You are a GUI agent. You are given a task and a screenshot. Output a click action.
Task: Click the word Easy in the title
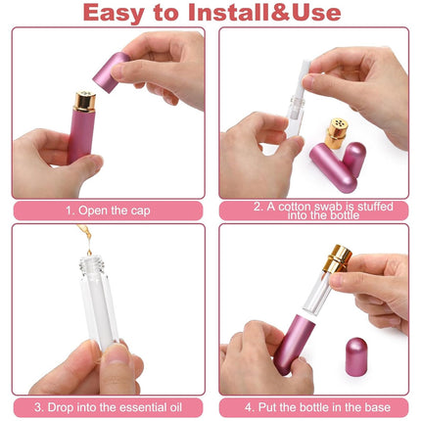114,13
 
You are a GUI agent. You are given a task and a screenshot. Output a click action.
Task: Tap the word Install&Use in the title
264,12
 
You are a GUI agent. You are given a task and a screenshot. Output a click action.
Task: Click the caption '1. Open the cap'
108,210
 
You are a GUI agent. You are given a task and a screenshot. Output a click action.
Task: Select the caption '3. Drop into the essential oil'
108,407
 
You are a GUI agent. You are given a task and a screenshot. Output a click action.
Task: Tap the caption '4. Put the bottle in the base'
317,407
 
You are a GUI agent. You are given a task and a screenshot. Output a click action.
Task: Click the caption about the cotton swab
323,210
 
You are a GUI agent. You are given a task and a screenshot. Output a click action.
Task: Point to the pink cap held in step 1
111,72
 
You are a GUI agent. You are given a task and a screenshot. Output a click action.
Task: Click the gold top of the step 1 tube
84,102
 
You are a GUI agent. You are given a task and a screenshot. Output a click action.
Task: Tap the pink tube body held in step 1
80,136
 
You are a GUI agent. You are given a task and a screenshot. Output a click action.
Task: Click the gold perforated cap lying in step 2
336,133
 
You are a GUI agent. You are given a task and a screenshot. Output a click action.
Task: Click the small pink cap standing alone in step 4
356,356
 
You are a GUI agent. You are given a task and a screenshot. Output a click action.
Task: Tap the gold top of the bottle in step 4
337,258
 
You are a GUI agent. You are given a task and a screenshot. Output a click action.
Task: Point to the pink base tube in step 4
294,345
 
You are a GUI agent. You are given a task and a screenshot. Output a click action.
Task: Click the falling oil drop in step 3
89,252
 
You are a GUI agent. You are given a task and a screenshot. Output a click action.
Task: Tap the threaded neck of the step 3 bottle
92,265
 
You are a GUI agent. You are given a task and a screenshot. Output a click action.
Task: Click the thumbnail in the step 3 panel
117,353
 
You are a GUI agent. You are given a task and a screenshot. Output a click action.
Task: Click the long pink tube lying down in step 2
333,167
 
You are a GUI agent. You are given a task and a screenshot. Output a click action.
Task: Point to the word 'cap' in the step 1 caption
140,211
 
